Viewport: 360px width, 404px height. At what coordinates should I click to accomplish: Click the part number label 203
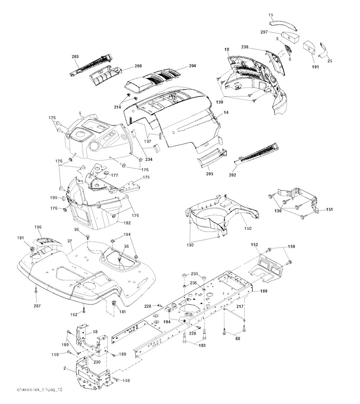coord(75,56)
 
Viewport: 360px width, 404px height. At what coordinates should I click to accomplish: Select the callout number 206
coord(128,66)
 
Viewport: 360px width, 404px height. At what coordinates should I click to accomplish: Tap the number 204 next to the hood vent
coord(192,66)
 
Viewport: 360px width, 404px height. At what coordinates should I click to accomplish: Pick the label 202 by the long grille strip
coord(232,175)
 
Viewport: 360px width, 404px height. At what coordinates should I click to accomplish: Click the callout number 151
coord(329,210)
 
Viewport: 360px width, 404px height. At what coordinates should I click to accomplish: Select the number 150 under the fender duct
coord(248,228)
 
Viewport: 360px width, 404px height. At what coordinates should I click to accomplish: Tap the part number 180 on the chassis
coord(264,291)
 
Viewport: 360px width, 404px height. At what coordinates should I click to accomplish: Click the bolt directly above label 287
coord(36,291)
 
